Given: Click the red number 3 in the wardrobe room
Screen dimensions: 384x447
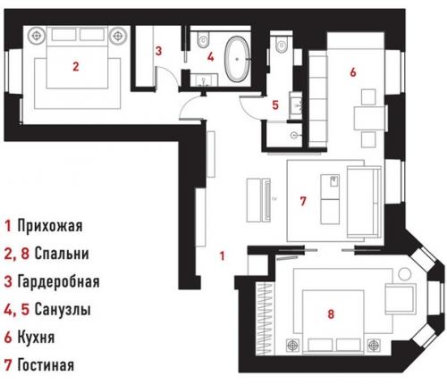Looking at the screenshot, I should [x=158, y=52].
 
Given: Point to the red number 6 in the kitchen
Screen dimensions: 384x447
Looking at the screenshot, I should [x=353, y=71].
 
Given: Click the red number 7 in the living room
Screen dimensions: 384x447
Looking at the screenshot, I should [x=303, y=202].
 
